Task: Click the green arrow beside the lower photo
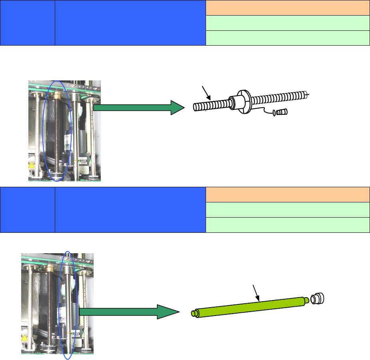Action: [x=128, y=312]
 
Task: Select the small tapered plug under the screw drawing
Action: [x=283, y=112]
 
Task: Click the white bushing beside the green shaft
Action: [x=318, y=298]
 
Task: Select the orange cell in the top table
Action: [x=287, y=8]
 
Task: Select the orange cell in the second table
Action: [x=287, y=195]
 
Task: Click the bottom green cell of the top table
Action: [x=287, y=38]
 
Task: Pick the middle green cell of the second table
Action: [x=287, y=210]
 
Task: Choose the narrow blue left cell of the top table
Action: [x=28, y=23]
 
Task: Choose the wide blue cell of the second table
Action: [x=130, y=210]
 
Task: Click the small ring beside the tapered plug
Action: [x=274, y=113]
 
